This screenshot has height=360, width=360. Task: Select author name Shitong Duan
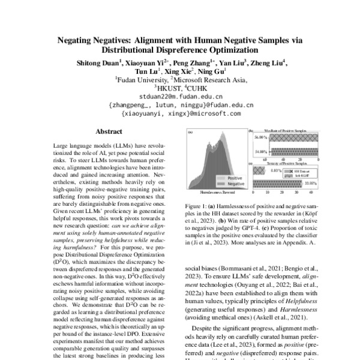tap(98, 62)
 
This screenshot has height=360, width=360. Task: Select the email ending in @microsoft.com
tap(181, 112)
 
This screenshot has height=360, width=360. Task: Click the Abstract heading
tap(109, 131)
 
